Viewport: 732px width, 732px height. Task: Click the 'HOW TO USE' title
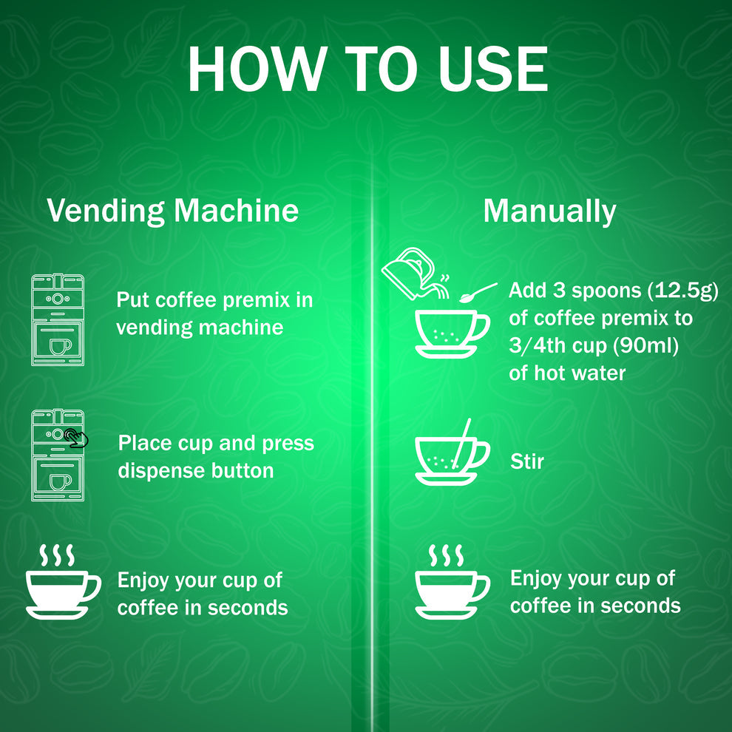click(x=367, y=70)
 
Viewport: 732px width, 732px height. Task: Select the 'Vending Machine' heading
click(x=172, y=211)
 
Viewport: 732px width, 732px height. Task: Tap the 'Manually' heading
click(x=549, y=211)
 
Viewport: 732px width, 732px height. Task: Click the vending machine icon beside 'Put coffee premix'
click(x=57, y=319)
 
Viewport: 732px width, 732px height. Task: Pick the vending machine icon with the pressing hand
click(x=58, y=455)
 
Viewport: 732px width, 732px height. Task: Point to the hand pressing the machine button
click(x=75, y=438)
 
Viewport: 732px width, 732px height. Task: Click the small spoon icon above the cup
click(x=478, y=293)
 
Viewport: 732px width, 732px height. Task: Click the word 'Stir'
click(x=527, y=462)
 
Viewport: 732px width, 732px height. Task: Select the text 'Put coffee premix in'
click(x=214, y=300)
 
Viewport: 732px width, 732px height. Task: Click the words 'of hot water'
click(x=567, y=373)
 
